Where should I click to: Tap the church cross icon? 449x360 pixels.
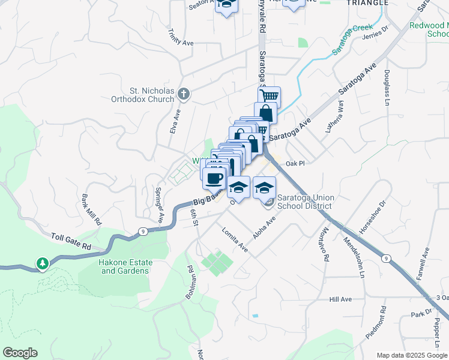[184, 94]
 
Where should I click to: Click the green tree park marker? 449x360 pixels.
[42, 263]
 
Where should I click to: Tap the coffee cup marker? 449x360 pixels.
[214, 178]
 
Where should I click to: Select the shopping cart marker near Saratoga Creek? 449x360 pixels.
[270, 96]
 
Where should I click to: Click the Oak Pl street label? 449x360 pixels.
[295, 163]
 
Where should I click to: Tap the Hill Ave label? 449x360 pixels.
[340, 299]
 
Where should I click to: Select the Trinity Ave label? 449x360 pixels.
[181, 38]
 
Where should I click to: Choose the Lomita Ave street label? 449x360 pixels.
[235, 239]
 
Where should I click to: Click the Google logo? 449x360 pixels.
[20, 353]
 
